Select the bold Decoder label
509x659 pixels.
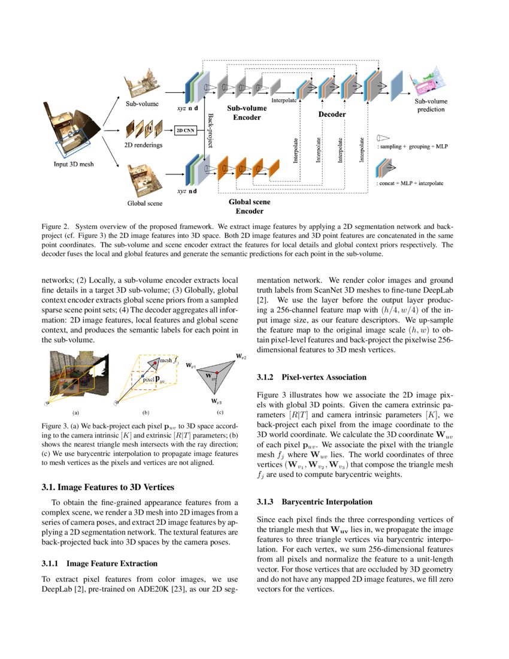[331, 113]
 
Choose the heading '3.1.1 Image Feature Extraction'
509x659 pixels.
[99, 564]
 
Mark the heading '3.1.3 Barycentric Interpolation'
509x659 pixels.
[314, 501]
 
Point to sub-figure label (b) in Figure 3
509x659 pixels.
[146, 413]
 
